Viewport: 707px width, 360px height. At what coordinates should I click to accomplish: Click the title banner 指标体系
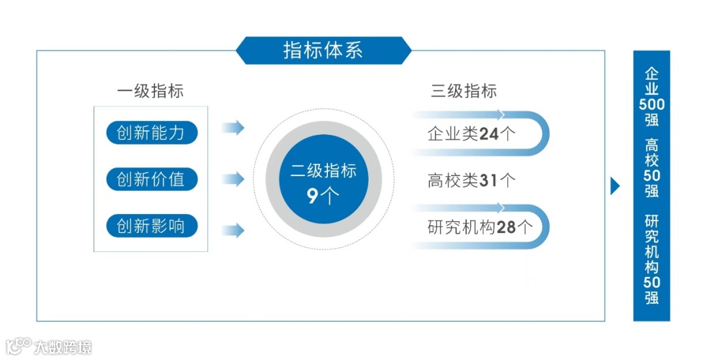[x=323, y=50]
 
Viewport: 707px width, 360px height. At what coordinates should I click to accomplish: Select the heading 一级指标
[x=150, y=91]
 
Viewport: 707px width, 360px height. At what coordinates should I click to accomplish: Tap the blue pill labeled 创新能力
[x=151, y=133]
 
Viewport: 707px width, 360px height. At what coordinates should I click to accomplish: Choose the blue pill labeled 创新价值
[x=151, y=179]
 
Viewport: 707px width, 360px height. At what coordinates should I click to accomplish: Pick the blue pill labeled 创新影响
[x=151, y=226]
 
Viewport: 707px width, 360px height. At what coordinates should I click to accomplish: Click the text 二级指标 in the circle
[x=323, y=171]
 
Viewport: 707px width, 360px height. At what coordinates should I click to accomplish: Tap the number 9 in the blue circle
[x=314, y=196]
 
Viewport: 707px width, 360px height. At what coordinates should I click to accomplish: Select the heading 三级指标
[x=463, y=91]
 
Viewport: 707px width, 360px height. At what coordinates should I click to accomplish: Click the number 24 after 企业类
[x=489, y=134]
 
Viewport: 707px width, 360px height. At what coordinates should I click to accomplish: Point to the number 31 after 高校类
[x=489, y=181]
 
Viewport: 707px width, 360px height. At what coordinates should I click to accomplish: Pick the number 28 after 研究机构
[x=507, y=227]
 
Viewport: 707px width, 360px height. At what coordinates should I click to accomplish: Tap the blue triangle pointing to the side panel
[x=615, y=186]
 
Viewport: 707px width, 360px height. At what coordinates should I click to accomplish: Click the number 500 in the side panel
[x=651, y=105]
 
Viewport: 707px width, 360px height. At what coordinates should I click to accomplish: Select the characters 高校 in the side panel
[x=651, y=153]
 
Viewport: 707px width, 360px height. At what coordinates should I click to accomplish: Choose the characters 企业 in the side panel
[x=651, y=81]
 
